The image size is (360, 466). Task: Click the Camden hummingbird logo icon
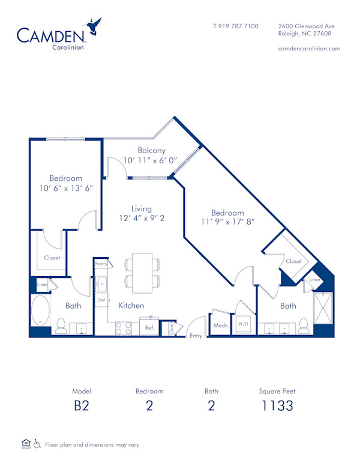94,28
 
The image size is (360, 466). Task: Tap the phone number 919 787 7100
236,26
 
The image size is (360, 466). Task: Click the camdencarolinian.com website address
310,49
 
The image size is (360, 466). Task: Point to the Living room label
142,209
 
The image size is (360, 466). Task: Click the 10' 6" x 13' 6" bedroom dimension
66,187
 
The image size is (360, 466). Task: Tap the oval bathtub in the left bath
41,309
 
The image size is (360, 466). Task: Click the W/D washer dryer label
243,324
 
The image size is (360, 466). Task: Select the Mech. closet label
220,325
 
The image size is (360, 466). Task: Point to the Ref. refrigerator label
150,328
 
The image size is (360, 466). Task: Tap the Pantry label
100,264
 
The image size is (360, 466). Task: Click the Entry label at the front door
196,336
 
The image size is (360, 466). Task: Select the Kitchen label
131,306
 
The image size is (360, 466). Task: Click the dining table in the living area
143,271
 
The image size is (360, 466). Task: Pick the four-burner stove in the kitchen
124,328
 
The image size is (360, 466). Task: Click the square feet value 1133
277,405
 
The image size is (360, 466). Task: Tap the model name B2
81,405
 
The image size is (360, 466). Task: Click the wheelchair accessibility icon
37,444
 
